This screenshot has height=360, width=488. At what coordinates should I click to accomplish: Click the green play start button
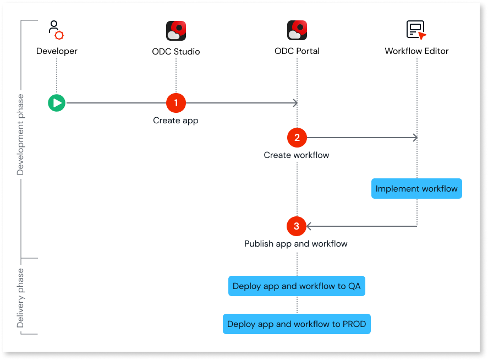click(56, 102)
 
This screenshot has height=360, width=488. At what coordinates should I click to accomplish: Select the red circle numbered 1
click(176, 102)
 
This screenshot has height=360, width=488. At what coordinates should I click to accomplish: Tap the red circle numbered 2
click(297, 138)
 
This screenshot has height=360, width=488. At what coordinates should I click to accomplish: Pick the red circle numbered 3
click(297, 226)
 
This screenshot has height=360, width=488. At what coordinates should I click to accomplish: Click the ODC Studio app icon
click(176, 31)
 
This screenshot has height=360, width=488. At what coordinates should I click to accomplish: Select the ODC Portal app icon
click(297, 31)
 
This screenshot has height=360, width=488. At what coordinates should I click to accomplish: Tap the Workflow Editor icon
click(416, 30)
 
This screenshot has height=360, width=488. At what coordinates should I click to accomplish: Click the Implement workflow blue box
click(416, 189)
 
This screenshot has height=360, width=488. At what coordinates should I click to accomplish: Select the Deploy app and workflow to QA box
click(297, 286)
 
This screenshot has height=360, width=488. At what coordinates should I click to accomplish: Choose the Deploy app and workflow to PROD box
click(297, 324)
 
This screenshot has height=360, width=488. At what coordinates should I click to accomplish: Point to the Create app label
click(176, 121)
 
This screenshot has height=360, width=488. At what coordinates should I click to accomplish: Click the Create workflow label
click(297, 155)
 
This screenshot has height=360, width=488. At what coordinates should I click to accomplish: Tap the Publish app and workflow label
click(296, 244)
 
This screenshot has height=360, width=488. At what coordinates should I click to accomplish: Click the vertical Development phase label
click(21, 135)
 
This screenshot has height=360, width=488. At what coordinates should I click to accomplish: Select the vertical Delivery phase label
click(21, 298)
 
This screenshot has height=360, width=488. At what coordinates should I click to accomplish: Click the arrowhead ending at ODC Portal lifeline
click(295, 102)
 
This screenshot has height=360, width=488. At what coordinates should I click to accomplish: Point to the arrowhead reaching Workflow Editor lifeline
click(415, 138)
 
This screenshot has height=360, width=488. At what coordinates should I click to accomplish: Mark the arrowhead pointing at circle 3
click(309, 226)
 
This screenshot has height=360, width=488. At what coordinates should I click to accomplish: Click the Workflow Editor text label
click(416, 51)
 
